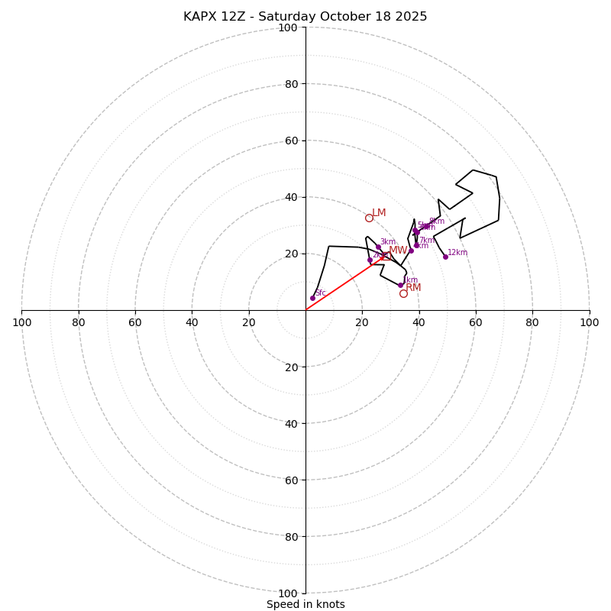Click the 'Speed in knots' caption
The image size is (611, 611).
[x=305, y=604]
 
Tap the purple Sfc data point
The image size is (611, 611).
[x=312, y=298]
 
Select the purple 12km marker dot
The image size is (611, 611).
[x=445, y=257]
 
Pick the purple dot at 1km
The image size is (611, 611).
[x=400, y=285]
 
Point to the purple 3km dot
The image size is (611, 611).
[x=378, y=247]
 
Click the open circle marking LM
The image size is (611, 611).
[x=369, y=218]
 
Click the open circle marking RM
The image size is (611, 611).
[x=403, y=293]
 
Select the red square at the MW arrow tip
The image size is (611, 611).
[x=386, y=257]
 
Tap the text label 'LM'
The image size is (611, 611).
[x=379, y=212]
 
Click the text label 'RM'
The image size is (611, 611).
[x=413, y=288]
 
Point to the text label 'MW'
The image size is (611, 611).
[x=398, y=251]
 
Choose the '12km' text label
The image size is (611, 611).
[x=457, y=253]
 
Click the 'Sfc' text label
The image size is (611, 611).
[x=321, y=293]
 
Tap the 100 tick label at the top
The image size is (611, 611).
[x=288, y=27]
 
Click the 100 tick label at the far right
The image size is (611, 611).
[x=589, y=322]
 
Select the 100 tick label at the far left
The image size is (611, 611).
[x=21, y=322]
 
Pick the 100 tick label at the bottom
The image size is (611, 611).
[x=288, y=593]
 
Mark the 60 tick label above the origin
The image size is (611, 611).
[x=291, y=141]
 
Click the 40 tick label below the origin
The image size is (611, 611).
[x=291, y=423]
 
